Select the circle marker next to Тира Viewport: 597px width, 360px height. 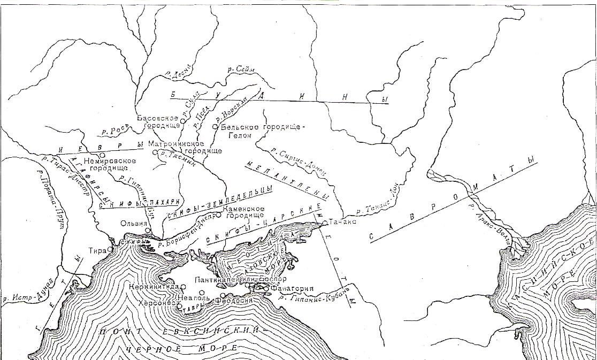(110, 249)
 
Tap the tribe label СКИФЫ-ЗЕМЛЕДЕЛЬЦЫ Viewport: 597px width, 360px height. (219, 201)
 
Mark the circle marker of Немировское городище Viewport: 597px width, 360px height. (102, 155)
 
